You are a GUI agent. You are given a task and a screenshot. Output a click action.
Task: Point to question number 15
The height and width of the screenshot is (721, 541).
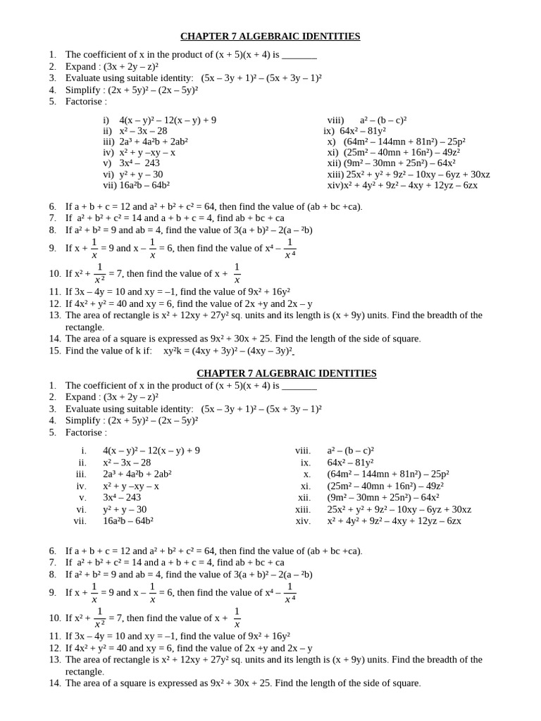[55, 351]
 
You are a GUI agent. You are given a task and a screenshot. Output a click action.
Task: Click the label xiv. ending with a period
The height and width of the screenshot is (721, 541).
[304, 521]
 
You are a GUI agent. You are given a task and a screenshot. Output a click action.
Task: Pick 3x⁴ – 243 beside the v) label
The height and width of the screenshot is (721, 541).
[139, 163]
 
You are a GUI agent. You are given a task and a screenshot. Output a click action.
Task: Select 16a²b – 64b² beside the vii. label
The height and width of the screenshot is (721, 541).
[128, 521]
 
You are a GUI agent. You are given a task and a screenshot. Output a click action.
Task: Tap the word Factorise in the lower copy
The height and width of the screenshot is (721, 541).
[85, 432]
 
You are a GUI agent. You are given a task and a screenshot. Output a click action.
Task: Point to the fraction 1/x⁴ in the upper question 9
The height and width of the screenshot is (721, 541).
[290, 248]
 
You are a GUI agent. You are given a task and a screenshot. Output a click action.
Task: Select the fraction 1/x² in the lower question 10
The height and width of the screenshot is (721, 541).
[100, 617]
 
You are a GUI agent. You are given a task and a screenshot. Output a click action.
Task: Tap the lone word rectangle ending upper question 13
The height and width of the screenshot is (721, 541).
[85, 327]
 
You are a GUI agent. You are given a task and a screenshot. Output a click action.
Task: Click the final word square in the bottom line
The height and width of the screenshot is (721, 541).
[406, 683]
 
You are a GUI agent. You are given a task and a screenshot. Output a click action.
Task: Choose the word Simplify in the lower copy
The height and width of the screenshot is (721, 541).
[85, 420]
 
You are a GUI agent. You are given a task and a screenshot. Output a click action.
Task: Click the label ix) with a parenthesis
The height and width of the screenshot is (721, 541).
[330, 131]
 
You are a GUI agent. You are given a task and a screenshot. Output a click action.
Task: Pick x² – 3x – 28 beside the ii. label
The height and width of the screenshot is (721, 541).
[127, 463]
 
